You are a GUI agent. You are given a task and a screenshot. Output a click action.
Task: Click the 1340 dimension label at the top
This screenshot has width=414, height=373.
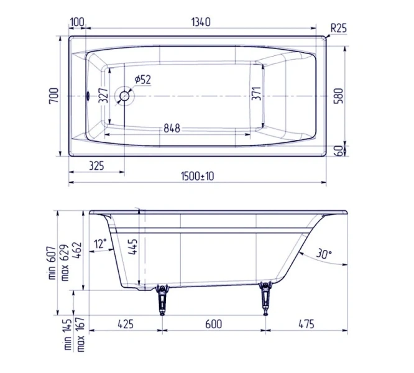pyautogui.click(x=198, y=22)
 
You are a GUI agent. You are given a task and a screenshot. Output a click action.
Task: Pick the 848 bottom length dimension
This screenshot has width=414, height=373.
pyautogui.click(x=172, y=128)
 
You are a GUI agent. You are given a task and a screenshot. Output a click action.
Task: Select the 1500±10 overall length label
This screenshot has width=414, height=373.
pyautogui.click(x=198, y=177)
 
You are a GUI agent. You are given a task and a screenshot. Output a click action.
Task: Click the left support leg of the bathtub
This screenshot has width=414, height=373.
pyautogui.click(x=163, y=298)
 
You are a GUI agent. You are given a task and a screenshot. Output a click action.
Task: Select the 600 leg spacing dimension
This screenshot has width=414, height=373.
pyautogui.click(x=213, y=324)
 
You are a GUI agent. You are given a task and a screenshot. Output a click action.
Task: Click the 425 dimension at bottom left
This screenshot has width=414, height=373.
pyautogui.click(x=125, y=324)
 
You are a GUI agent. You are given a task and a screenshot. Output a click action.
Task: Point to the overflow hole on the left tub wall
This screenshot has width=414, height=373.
pyautogui.click(x=88, y=96)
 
